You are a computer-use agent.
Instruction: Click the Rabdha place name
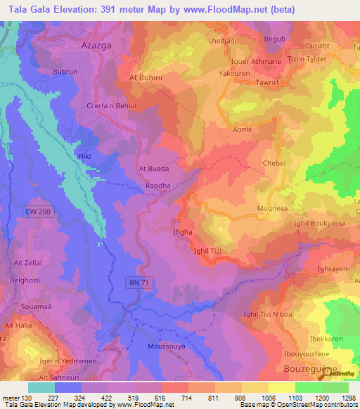click(x=157, y=186)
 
